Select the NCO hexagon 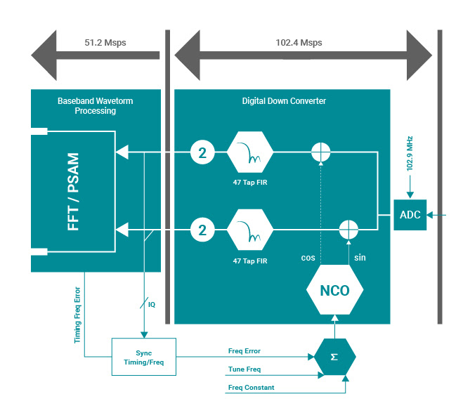coord(334,290)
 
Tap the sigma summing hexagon coord(334,357)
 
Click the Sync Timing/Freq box coord(143,357)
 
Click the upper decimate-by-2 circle coord(202,151)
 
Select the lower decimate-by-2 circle coord(202,229)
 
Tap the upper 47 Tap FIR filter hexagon coord(250,151)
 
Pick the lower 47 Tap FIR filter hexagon coord(250,229)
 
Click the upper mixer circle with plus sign coord(320,151)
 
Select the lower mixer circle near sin coord(348,229)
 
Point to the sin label coord(360,258)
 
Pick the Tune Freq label coord(244,369)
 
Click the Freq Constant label coord(251,388)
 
